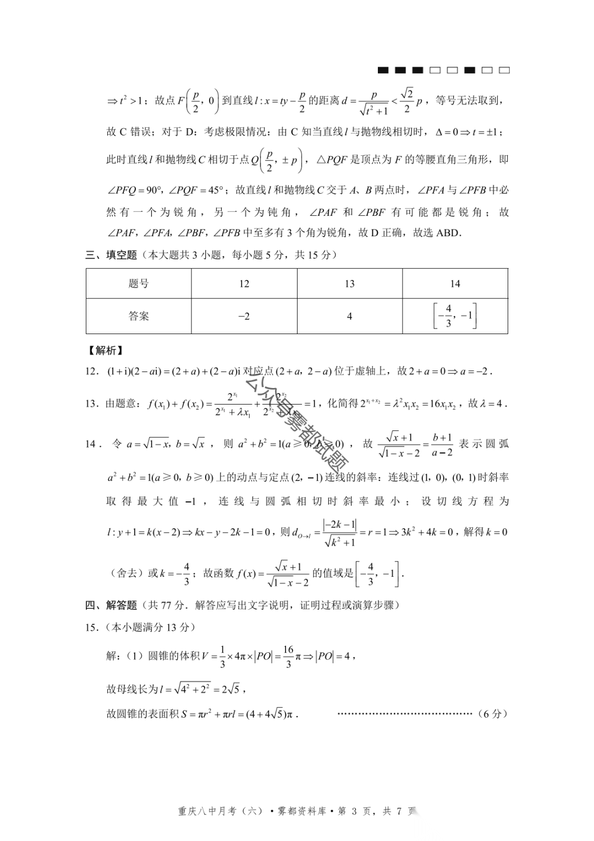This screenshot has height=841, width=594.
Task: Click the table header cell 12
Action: tap(244, 284)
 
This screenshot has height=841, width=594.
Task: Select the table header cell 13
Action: tap(349, 284)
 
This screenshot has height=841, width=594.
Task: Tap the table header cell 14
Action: tap(455, 284)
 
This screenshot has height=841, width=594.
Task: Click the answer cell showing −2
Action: tap(244, 316)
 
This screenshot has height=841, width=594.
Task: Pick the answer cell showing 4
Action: tap(349, 316)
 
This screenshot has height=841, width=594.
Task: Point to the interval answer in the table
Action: tap(455, 316)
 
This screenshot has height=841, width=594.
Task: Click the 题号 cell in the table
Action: tap(139, 284)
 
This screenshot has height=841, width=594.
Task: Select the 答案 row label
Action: tap(139, 316)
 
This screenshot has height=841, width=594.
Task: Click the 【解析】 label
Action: tap(105, 351)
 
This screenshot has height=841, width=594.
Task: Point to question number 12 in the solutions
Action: tap(91, 372)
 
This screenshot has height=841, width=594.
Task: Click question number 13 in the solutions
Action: tap(91, 404)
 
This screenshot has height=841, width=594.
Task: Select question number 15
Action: tap(91, 627)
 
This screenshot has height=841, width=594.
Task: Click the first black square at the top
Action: tap(383, 70)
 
